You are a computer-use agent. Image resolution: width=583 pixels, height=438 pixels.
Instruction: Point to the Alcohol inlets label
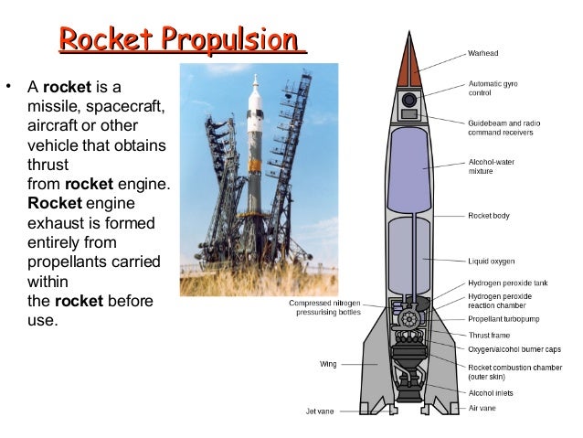click(492, 393)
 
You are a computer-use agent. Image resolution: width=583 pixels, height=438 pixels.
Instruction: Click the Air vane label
click(482, 407)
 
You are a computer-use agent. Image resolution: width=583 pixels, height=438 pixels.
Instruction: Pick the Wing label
click(328, 364)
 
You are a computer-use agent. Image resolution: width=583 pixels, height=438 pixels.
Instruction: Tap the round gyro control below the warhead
click(408, 99)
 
